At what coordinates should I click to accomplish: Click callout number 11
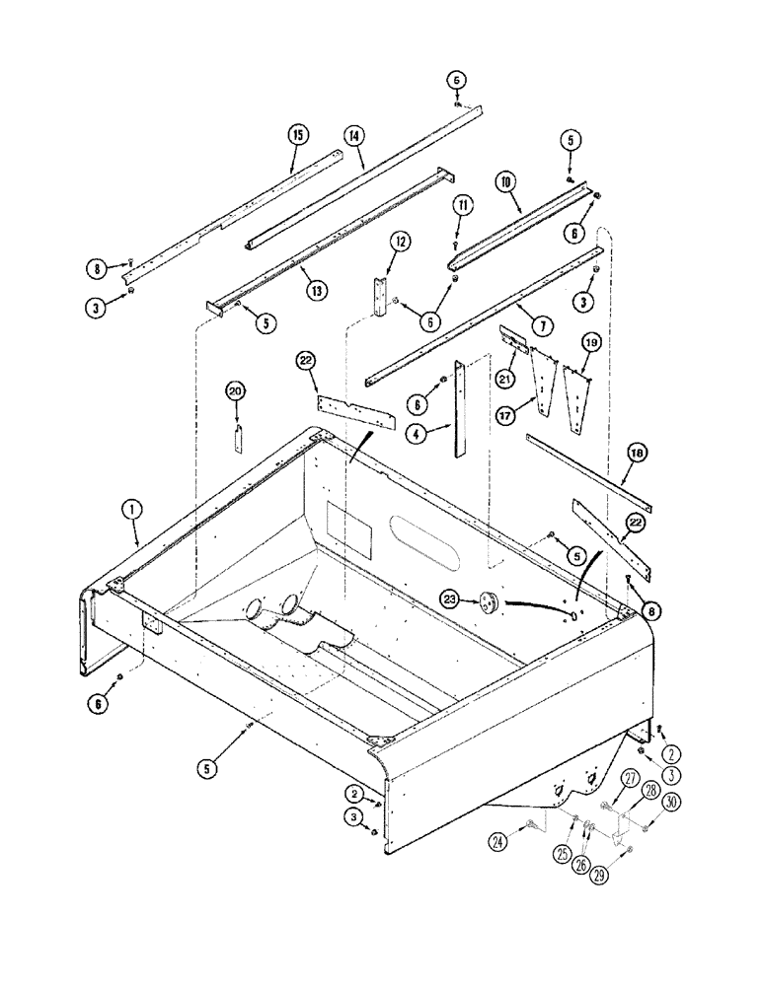[x=460, y=205]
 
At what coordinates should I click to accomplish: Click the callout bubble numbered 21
[x=507, y=380]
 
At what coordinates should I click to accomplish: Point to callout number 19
[x=590, y=341]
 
